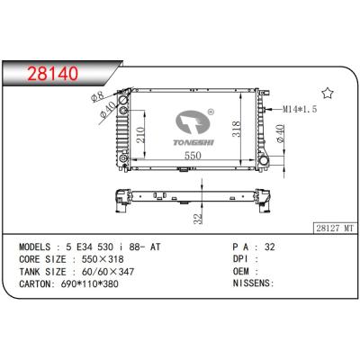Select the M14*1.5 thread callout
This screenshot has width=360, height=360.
[299, 108]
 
